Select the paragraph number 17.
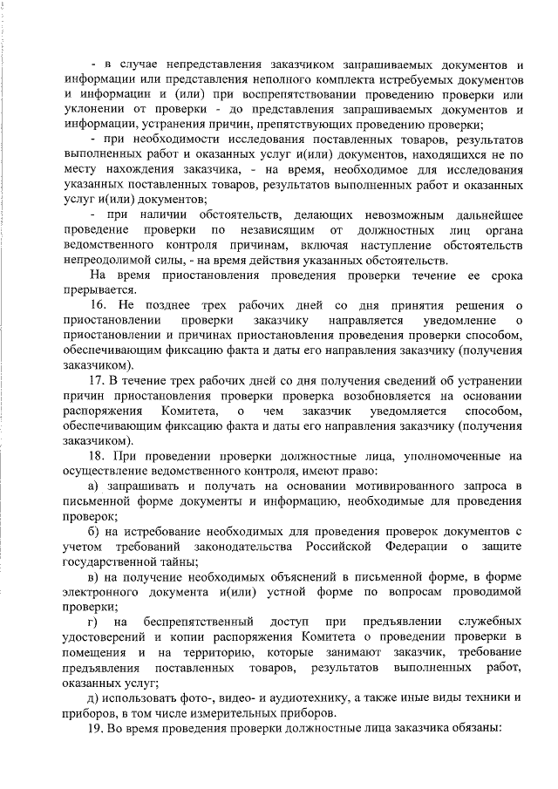tap(98, 381)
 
